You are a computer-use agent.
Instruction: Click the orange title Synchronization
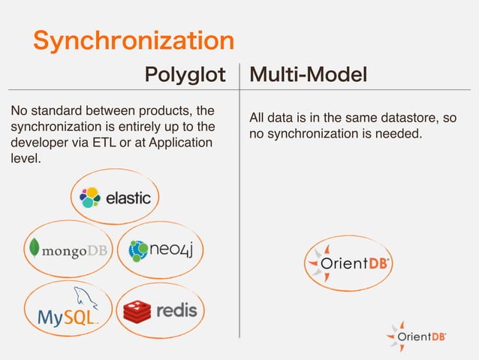pyautogui.click(x=133, y=41)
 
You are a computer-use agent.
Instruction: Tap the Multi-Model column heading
pyautogui.click(x=308, y=75)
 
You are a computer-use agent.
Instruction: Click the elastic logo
pyautogui.click(x=116, y=197)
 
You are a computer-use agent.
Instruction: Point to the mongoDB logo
pyautogui.click(x=68, y=250)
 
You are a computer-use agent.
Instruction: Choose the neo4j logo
pyautogui.click(x=165, y=249)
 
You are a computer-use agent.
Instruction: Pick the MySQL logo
pyautogui.click(x=68, y=310)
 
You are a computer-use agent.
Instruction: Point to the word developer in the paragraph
pyautogui.click(x=38, y=143)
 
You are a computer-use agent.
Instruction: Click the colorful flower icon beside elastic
pyautogui.click(x=91, y=197)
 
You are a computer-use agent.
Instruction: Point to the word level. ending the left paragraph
pyautogui.click(x=25, y=159)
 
